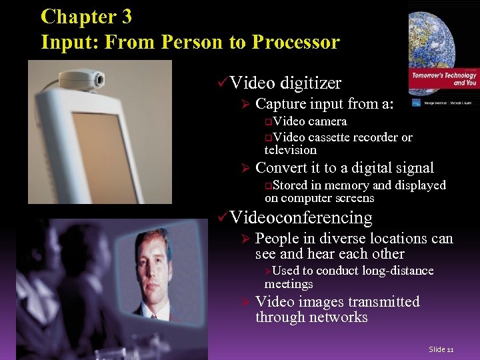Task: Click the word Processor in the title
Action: pos(295,42)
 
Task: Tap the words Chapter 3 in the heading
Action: pos(86,17)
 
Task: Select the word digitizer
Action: pos(311,83)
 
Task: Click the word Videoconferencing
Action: pos(301,217)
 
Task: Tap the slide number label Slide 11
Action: pos(441,349)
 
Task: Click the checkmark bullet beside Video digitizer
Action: pos(222,83)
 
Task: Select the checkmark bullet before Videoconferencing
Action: pos(222,217)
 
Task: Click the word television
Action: pos(291,150)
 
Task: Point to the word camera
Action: pos(327,121)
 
